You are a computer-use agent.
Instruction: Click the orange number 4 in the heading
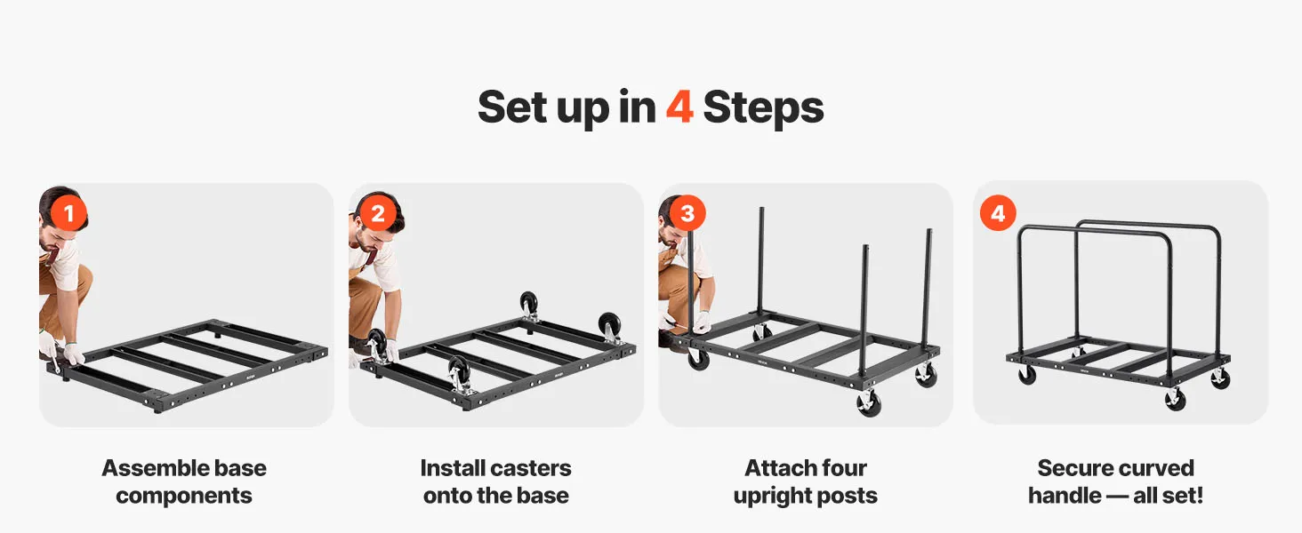pyautogui.click(x=679, y=107)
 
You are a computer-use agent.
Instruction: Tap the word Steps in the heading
pyautogui.click(x=763, y=108)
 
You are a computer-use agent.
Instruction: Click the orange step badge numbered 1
pyautogui.click(x=68, y=213)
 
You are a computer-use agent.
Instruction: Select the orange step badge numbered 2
pyautogui.click(x=378, y=213)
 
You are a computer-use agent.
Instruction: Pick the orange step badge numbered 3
pyautogui.click(x=687, y=213)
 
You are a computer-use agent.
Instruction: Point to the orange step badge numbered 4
pyautogui.click(x=998, y=213)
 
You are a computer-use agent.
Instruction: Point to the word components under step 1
pyautogui.click(x=184, y=496)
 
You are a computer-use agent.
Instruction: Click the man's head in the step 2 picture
pyautogui.click(x=377, y=226)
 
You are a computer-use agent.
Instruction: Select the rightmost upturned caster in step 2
pyautogui.click(x=609, y=328)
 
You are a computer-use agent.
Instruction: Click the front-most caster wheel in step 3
pyautogui.click(x=869, y=402)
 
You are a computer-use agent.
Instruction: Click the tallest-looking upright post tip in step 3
pyautogui.click(x=761, y=209)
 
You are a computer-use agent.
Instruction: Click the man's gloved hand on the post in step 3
pyautogui.click(x=701, y=321)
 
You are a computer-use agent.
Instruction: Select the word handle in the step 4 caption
pyautogui.click(x=1065, y=496)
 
